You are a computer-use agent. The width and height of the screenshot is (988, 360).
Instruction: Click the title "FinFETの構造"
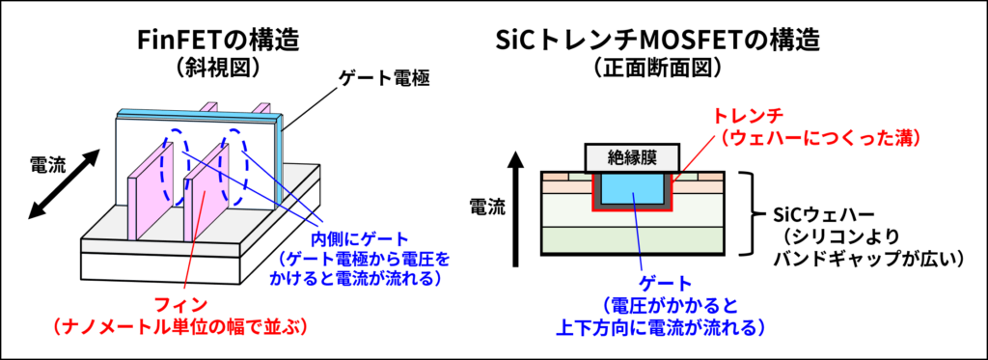(218, 42)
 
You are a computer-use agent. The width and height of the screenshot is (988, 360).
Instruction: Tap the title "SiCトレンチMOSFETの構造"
(657, 42)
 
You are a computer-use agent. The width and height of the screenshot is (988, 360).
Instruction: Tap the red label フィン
(181, 305)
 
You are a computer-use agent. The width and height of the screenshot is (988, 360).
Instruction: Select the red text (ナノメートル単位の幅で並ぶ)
(180, 326)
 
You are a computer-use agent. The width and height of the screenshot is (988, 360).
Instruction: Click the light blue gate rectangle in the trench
(633, 188)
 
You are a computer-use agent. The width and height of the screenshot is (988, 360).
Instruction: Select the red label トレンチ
(741, 118)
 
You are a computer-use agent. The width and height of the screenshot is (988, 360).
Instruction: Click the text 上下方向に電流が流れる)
(660, 327)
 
